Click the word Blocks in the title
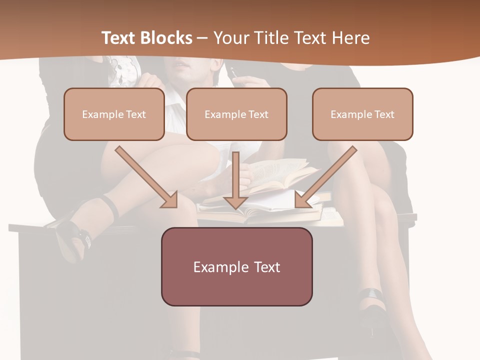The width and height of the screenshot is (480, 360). [167, 38]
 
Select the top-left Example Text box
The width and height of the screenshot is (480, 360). [114, 114]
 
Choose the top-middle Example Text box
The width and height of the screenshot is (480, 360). [236, 114]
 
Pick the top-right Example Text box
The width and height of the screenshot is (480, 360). [362, 114]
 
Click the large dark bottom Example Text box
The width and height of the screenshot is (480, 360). [236, 266]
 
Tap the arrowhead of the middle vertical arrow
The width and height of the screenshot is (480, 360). [235, 202]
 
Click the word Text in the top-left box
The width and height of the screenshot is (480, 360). [136, 114]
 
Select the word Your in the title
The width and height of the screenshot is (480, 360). [230, 38]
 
